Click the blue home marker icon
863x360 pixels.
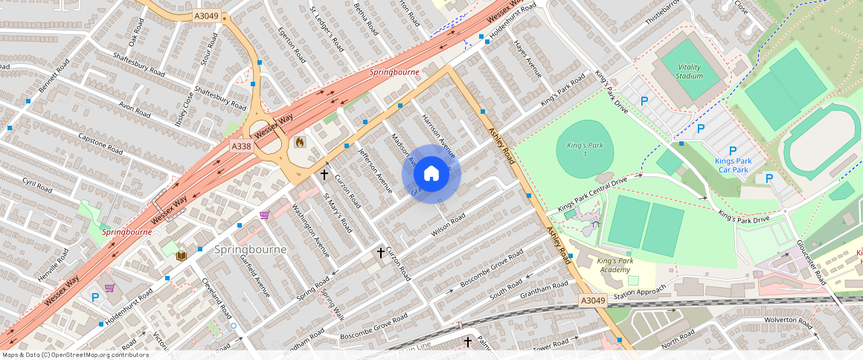(x=431, y=174)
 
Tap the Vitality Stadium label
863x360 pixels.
(x=689, y=71)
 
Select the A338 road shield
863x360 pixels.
(x=241, y=147)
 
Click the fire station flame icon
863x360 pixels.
(x=300, y=141)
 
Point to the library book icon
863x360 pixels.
(x=181, y=256)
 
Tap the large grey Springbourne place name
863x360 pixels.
(x=250, y=249)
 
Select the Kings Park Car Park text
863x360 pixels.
(x=733, y=165)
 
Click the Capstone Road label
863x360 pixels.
(x=100, y=144)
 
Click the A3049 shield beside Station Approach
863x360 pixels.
(x=593, y=300)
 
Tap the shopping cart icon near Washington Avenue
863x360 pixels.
(x=264, y=215)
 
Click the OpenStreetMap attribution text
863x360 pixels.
(x=74, y=355)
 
